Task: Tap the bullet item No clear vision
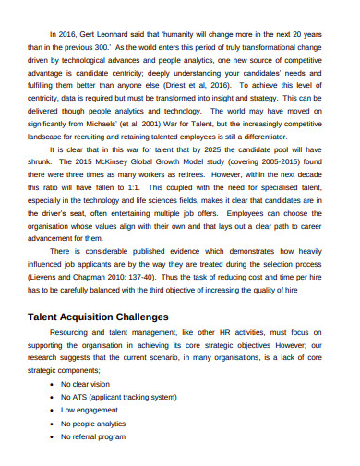click(x=85, y=384)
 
